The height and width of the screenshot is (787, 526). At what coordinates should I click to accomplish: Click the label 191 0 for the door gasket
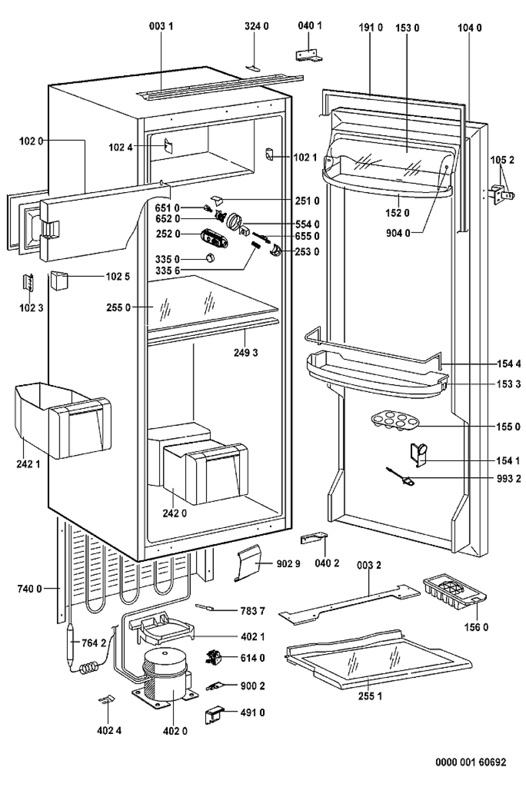point(371,28)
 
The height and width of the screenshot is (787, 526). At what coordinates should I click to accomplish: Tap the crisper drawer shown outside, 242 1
point(62,420)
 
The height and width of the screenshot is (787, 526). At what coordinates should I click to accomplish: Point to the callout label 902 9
point(288,564)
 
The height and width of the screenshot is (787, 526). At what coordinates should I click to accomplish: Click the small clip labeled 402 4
point(107,700)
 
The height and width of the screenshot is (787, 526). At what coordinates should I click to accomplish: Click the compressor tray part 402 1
point(163,628)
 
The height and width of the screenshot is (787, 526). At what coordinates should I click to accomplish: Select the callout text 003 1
point(161,27)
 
